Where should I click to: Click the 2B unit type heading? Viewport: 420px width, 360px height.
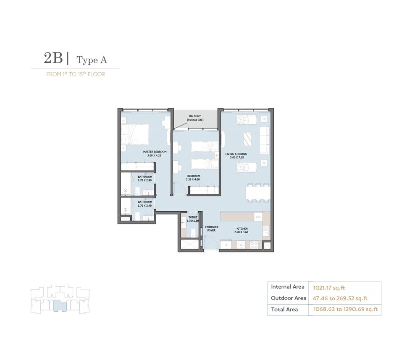tap(53, 59)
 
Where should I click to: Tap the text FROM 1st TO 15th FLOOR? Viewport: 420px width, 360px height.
tap(76, 74)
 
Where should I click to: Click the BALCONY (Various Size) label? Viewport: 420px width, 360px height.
tap(195, 118)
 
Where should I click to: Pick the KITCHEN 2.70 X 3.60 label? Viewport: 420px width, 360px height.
tap(242, 230)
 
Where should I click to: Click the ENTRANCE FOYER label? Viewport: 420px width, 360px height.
tap(212, 229)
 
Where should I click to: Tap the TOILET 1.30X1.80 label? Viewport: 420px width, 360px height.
tap(193, 219)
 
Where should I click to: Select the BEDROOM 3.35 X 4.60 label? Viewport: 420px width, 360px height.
tap(193, 178)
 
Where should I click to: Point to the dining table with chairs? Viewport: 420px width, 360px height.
tap(257, 192)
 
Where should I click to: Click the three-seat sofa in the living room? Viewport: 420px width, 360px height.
tap(264, 139)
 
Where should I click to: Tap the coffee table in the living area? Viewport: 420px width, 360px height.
tap(248, 139)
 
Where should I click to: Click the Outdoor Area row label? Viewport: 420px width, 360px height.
tap(288, 298)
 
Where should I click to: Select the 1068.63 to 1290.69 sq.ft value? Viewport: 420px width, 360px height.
tap(345, 310)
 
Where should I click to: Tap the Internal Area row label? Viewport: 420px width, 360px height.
tap(287, 287)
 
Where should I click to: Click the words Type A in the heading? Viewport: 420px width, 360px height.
tap(92, 60)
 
